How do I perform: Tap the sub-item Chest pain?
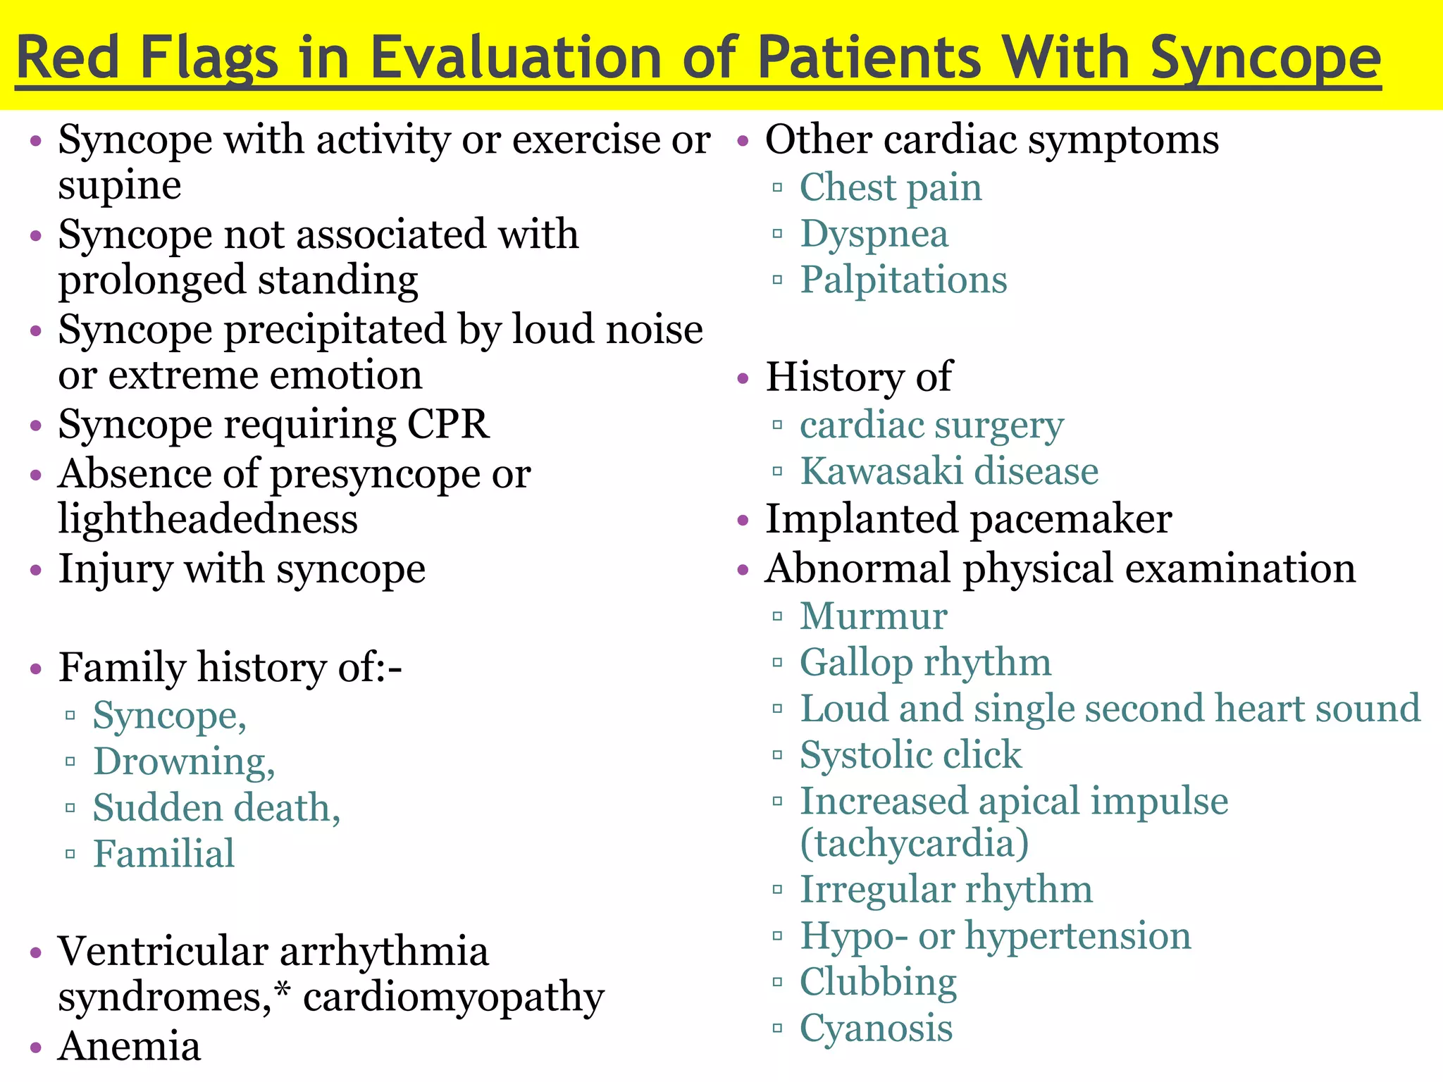click(x=890, y=188)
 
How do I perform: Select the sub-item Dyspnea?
click(x=874, y=235)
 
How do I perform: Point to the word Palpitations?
click(x=903, y=280)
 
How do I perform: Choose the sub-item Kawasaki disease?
click(x=948, y=471)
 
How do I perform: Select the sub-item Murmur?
click(x=873, y=616)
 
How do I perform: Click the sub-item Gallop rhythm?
click(x=925, y=663)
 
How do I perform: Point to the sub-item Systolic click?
click(x=910, y=755)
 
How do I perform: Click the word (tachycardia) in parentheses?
click(x=914, y=843)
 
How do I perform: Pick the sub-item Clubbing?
click(x=878, y=983)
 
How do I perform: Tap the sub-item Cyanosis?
click(x=876, y=1028)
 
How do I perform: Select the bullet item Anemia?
click(x=130, y=1046)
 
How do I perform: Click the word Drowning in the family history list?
click(x=183, y=762)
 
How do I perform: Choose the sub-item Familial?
click(x=163, y=854)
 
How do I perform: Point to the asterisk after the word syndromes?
click(x=283, y=992)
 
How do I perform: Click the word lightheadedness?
click(x=208, y=520)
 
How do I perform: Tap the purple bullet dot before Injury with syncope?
click(x=37, y=570)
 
